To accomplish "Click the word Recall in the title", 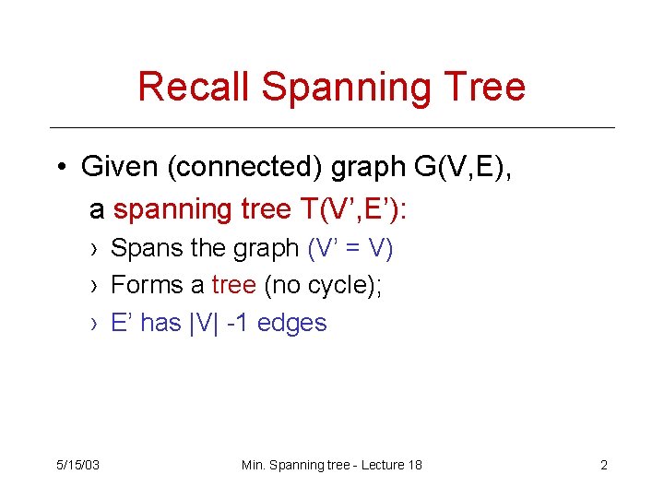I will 195,87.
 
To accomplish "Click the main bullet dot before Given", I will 61,169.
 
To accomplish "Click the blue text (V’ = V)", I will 350,248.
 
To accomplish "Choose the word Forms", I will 148,285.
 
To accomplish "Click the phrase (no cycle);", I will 323,285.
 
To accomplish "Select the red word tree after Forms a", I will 233,285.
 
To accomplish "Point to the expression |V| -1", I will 220,323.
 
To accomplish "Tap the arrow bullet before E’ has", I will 96,324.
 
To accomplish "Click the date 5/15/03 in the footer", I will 78,465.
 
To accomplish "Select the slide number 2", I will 604,465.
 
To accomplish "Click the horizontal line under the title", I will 332,127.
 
